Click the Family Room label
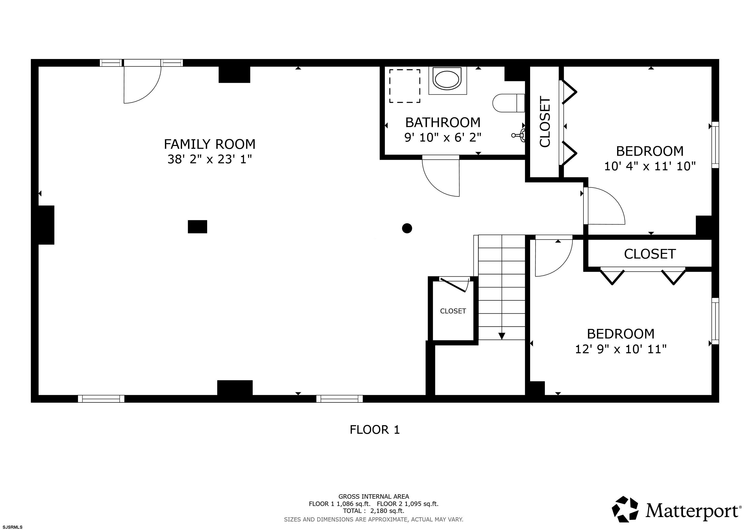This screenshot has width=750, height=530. coord(210,144)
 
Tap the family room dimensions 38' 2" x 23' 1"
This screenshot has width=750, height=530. coord(210,159)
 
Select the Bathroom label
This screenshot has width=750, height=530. coord(443,123)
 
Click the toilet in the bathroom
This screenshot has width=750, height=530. coord(509,103)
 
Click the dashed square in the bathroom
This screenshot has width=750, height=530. coord(405,86)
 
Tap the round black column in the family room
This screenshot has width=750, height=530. coord(407,228)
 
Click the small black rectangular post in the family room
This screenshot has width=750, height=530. coord(197,226)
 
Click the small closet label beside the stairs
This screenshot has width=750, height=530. coord(453,311)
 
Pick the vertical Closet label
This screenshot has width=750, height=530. coord(545,121)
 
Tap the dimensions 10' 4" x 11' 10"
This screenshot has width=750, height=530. coord(650,166)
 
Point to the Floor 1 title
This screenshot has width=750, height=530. coord(375,430)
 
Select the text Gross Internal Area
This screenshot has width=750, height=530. coord(374,496)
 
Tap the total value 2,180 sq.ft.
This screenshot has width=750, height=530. coord(387,511)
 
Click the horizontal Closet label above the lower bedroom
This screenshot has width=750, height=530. coord(650,254)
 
